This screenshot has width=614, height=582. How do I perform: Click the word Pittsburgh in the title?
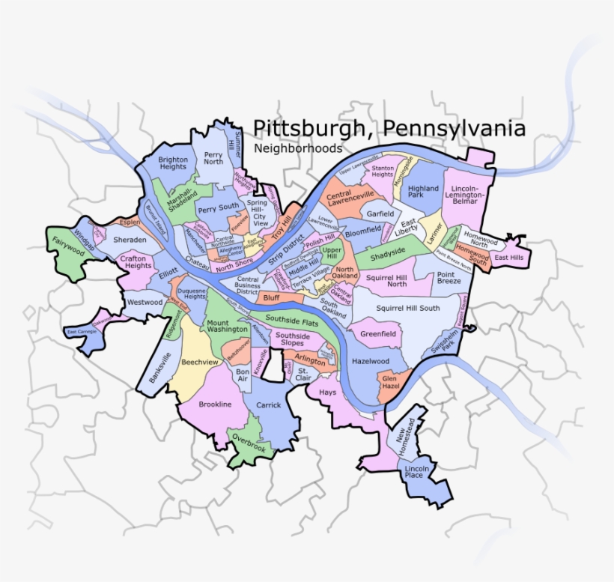click(x=308, y=129)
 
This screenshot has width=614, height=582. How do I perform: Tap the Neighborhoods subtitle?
click(x=298, y=148)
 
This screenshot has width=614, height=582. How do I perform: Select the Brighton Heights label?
click(x=173, y=163)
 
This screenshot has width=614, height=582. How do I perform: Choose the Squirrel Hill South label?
click(x=408, y=308)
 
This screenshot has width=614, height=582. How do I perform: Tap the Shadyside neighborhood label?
click(x=389, y=256)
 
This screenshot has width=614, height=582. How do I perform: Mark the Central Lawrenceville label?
click(x=350, y=198)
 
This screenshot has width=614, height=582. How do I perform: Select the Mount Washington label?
click(x=228, y=325)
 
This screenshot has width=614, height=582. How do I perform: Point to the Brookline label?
click(x=215, y=404)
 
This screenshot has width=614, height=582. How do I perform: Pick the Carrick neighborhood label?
click(x=269, y=405)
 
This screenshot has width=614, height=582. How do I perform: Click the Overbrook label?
click(x=249, y=442)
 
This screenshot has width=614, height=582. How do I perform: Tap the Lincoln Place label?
click(x=413, y=471)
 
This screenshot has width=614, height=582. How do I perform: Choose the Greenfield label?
click(x=379, y=334)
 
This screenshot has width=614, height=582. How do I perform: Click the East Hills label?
click(x=510, y=258)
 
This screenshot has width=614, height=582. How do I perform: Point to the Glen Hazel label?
click(x=390, y=383)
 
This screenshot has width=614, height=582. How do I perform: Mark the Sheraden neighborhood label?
click(x=131, y=240)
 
